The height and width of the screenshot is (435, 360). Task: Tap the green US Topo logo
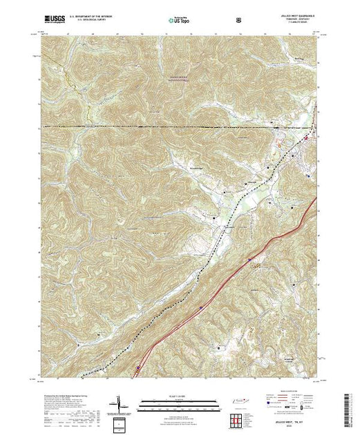(178, 21)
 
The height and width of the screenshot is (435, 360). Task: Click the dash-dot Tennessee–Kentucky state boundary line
(173, 128)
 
